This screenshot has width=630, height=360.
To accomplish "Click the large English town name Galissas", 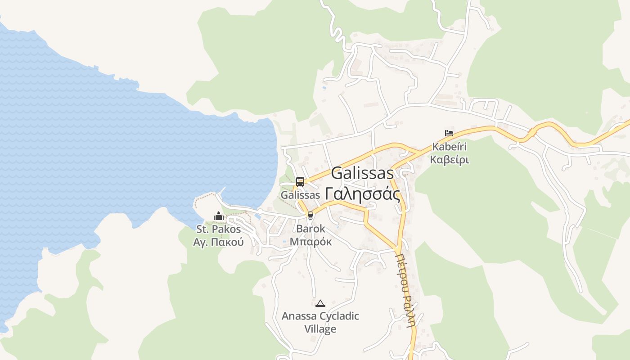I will click(362, 174).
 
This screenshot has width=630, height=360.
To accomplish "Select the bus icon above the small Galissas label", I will click(300, 182).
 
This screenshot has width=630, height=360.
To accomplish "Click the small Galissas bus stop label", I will click(300, 195).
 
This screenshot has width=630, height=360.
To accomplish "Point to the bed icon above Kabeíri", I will click(449, 133).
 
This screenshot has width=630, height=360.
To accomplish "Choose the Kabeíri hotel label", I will click(449, 147).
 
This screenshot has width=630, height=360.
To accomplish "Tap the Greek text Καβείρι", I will click(449, 160).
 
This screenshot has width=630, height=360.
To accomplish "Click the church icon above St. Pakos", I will click(219, 216).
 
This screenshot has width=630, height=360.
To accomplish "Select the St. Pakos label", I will click(219, 229).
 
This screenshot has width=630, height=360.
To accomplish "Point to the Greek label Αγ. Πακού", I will click(219, 242).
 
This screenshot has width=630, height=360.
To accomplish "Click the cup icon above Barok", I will click(310, 216).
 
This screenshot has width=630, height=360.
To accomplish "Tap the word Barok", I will click(310, 229).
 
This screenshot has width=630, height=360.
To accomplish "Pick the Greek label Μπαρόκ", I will click(310, 242).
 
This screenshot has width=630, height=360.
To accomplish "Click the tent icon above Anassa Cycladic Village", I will click(320, 303).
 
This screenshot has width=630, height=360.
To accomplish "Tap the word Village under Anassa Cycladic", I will click(320, 329).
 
